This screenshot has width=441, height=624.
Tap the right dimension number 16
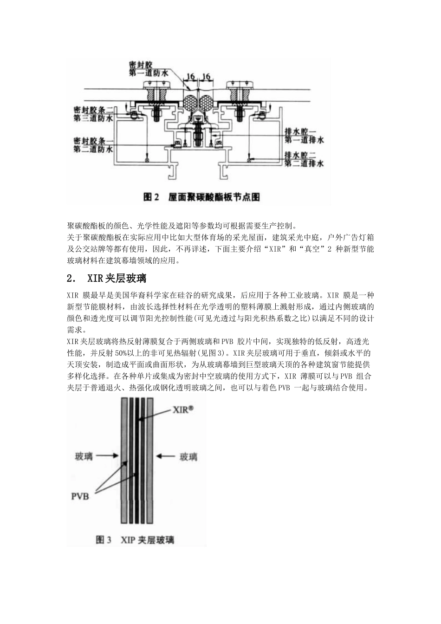tap(207, 77)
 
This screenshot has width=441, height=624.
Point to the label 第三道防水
tap(93, 119)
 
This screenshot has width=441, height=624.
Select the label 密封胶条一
tap(93, 140)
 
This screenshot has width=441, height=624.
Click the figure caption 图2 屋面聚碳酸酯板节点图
tap(201, 197)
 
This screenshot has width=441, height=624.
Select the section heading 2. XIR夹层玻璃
tap(107, 279)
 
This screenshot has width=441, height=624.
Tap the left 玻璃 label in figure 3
tap(84, 457)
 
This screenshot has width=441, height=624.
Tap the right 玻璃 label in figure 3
tap(188, 457)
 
